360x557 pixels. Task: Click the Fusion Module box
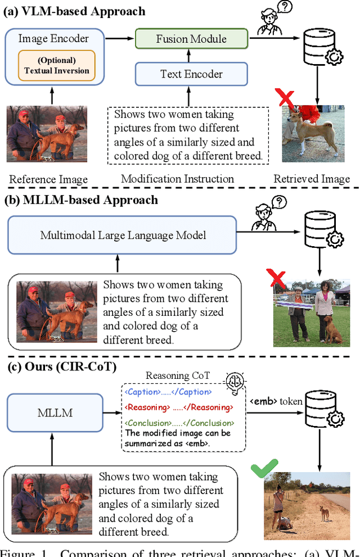coord(191,39)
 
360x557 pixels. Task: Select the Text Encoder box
coord(191,74)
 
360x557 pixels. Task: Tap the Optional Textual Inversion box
coord(56,66)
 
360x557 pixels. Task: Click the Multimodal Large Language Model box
coord(123,235)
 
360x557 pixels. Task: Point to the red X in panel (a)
coord(286,99)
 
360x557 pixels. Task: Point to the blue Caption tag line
coord(168,392)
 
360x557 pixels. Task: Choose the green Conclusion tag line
coord(179,423)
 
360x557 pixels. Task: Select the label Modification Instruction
coord(177,179)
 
